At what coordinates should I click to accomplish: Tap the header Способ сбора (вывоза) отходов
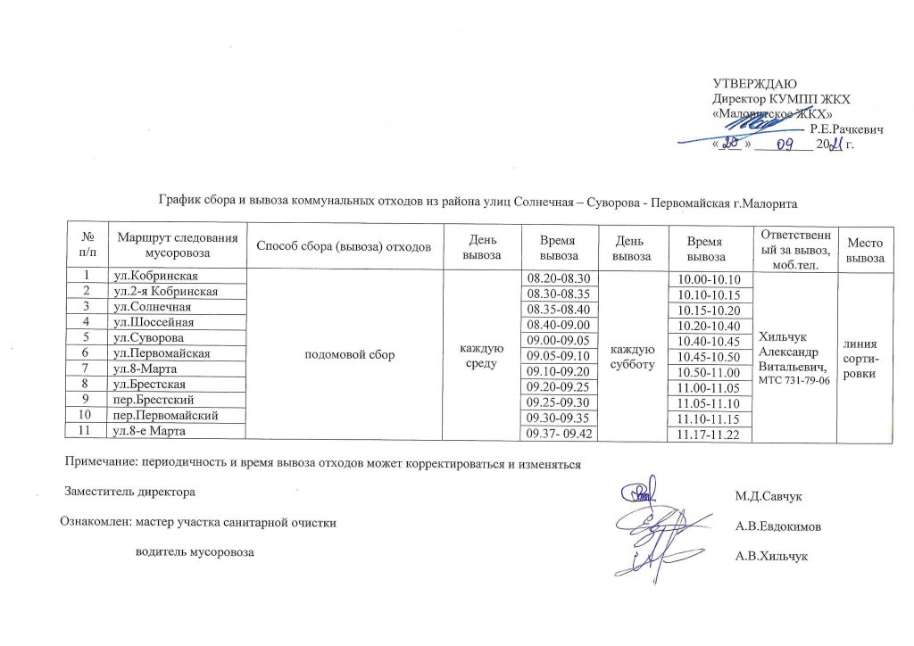(x=344, y=244)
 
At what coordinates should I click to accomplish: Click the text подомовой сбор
(x=344, y=354)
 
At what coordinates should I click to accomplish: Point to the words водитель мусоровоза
(x=194, y=553)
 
